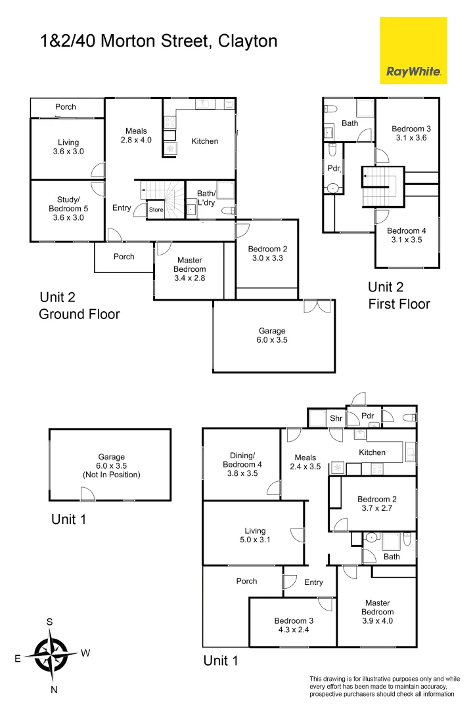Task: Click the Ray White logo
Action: coord(413,51)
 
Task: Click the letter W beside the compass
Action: coord(85,653)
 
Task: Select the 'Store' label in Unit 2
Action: coord(156,210)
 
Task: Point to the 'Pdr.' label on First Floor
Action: coord(334,168)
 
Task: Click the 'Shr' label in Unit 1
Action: coord(336,418)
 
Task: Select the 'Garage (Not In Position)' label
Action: coord(111,465)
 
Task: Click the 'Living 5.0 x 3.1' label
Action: coord(255,536)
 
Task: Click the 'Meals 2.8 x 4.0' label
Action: coord(136,135)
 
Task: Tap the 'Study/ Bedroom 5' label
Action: coord(68,209)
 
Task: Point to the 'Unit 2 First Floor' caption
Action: coord(399,295)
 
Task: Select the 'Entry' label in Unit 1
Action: coord(313,582)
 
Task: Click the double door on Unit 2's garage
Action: coord(317,307)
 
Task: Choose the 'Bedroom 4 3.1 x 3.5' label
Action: coord(407,236)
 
